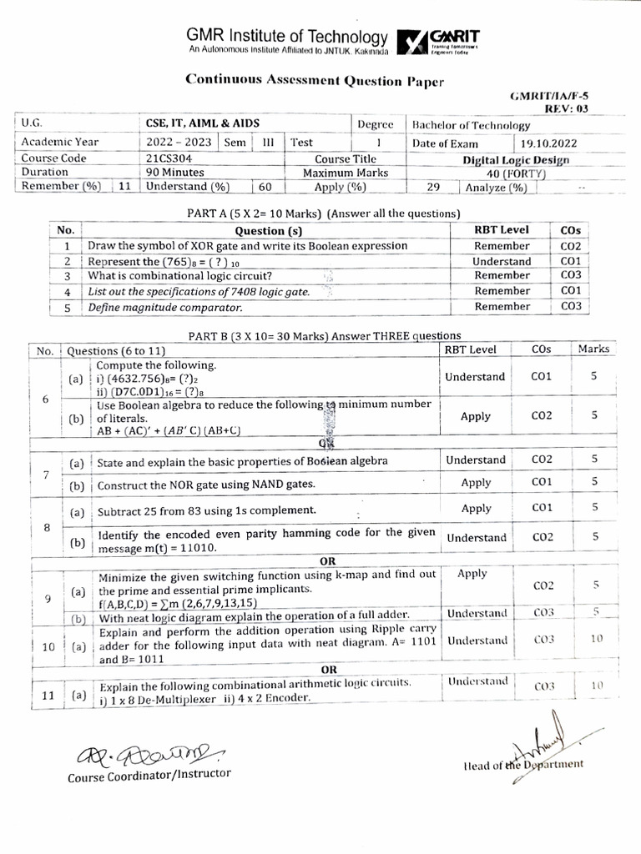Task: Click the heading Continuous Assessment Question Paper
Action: point(315,81)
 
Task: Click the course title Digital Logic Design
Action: point(517,159)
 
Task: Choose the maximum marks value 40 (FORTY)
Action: point(517,173)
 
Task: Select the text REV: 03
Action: point(567,108)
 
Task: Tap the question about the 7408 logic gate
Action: point(199,292)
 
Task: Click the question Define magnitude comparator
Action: point(165,307)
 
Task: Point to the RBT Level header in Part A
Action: point(502,230)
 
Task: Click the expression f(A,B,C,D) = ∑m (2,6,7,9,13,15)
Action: point(176,603)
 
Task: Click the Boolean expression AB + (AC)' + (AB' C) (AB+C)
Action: point(169,431)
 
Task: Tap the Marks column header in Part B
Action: point(593,349)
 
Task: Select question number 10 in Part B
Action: point(48,646)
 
